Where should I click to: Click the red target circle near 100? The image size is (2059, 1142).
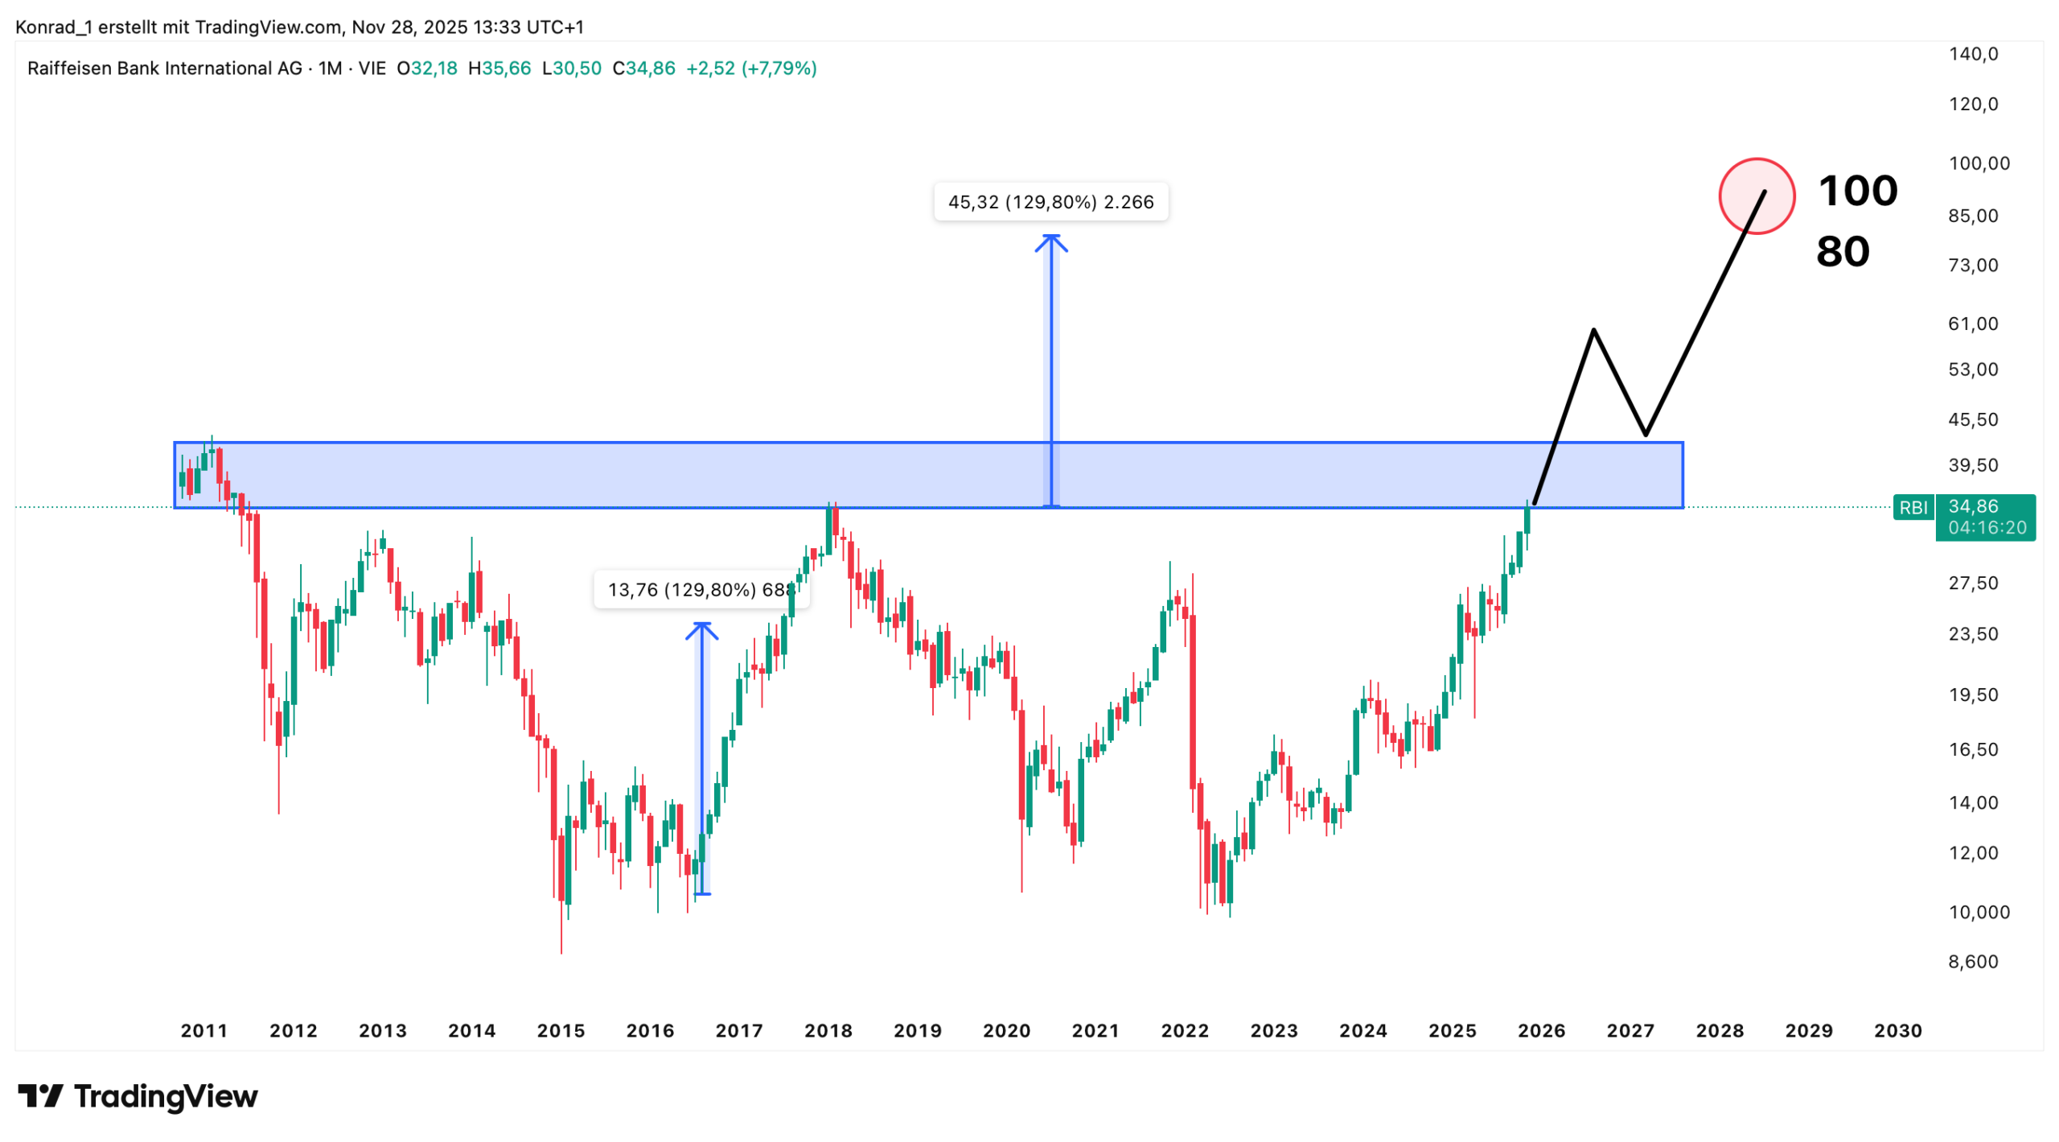point(1756,196)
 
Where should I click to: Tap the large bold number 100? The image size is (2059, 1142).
point(1857,192)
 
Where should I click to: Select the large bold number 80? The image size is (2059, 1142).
point(1842,252)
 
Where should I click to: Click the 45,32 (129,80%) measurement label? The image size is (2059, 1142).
point(1050,202)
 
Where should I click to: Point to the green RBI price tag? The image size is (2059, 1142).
point(1913,508)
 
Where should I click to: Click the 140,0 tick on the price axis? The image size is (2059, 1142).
point(1973,54)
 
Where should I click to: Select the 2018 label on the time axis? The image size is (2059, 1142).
point(828,1031)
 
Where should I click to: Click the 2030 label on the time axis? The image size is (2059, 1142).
point(1897,1031)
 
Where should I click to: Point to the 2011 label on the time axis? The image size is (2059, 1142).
point(203,1031)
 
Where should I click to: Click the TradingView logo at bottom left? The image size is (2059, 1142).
point(138,1097)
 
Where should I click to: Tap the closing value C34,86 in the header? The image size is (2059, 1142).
point(643,68)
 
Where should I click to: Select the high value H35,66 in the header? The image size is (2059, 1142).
point(499,68)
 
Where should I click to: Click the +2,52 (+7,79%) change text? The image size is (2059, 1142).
point(750,68)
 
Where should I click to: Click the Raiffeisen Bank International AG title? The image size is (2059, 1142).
point(164,68)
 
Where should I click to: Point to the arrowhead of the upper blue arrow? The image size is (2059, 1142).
point(1050,239)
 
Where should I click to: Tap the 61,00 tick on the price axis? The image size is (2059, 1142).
point(1973,324)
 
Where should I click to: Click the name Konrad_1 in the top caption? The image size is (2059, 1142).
point(53,27)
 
